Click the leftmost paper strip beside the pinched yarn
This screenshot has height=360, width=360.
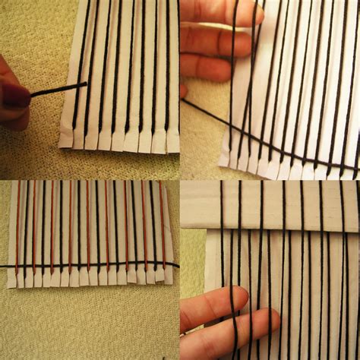click(x=67, y=114)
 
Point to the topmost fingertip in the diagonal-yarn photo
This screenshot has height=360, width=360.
click(x=251, y=14)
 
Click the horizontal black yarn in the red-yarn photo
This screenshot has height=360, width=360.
click(x=91, y=267)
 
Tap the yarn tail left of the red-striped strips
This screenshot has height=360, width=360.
click(x=4, y=267)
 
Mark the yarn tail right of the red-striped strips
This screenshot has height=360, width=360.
click(x=175, y=264)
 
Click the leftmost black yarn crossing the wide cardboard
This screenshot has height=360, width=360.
click(x=222, y=205)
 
